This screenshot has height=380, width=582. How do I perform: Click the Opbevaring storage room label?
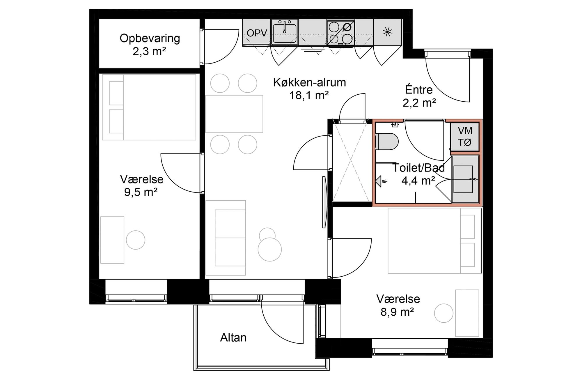150,38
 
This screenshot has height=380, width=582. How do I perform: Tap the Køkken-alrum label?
310,82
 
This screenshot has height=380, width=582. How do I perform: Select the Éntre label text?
419,89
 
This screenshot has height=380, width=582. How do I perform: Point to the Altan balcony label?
233,337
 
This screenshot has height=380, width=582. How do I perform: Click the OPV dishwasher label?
257,33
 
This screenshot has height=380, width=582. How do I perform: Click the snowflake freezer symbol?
387,32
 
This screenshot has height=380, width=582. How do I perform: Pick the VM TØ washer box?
465,137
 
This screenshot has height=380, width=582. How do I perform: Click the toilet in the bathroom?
387,142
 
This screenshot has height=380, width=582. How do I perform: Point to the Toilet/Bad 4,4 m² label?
419,174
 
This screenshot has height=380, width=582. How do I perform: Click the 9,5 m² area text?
141,192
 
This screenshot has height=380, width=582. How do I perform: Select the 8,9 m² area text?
398,312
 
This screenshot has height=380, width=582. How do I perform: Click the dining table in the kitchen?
234,114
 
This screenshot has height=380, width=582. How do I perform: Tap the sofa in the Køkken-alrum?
226,238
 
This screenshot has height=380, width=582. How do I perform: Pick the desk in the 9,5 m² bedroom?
112,240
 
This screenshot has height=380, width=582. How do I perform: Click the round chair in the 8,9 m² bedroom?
444,313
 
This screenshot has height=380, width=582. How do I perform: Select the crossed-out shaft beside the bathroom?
350,162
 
